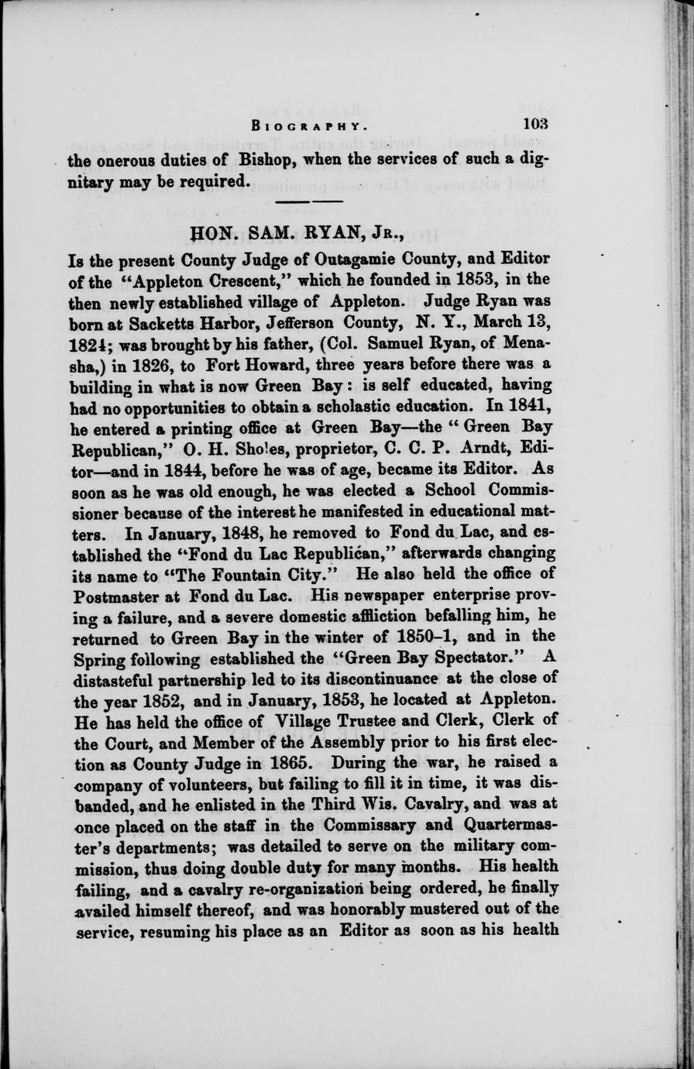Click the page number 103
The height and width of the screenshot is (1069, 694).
pyautogui.click(x=535, y=123)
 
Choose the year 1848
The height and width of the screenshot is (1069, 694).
pyautogui.click(x=230, y=532)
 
